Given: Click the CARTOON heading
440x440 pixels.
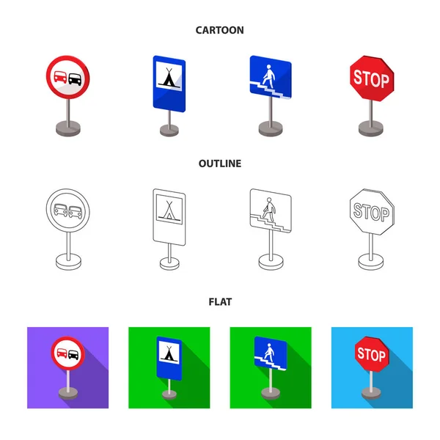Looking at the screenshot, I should pyautogui.click(x=219, y=30).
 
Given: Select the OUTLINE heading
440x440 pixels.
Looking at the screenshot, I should pyautogui.click(x=219, y=164).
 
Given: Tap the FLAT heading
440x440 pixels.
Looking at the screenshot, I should pyautogui.click(x=219, y=301).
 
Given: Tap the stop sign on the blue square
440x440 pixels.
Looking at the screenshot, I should pyautogui.click(x=371, y=356).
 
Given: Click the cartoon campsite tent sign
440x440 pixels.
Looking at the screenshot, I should pyautogui.click(x=169, y=78).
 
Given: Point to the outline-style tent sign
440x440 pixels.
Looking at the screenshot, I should pyautogui.click(x=169, y=212).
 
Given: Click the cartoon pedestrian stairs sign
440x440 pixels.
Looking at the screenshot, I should pyautogui.click(x=269, y=76).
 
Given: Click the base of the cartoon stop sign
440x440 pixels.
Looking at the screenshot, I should pyautogui.click(x=370, y=128).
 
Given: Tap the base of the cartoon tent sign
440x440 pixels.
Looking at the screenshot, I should pyautogui.click(x=169, y=130).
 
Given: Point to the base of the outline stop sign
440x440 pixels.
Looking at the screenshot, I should pyautogui.click(x=370, y=260).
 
